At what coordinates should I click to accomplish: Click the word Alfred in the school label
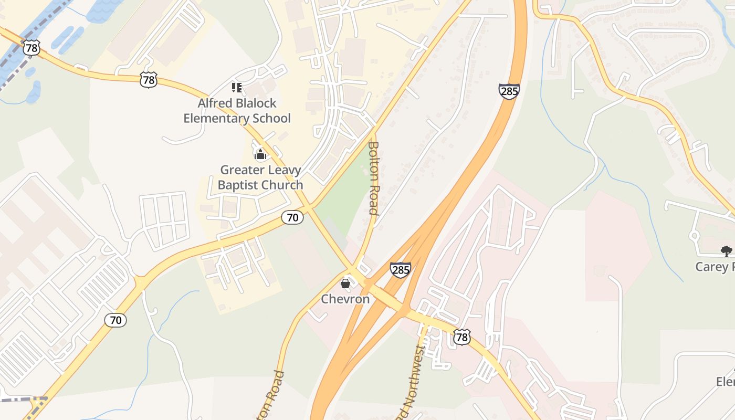point(214,103)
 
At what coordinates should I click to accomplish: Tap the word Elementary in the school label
point(216,118)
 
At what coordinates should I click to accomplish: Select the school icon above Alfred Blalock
point(236,87)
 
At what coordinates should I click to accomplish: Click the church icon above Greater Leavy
point(260,154)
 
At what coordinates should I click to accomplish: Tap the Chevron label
point(345,299)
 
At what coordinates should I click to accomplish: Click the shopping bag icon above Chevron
point(345,283)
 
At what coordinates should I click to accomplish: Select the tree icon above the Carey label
point(726,251)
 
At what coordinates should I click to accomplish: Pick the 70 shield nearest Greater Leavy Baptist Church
point(292,217)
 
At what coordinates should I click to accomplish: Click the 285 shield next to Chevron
point(400,270)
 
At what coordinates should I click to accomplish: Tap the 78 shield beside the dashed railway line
point(31,48)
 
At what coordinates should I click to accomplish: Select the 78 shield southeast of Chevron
point(461,337)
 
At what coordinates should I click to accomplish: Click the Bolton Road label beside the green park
point(373,178)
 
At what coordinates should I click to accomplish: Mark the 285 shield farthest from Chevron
point(509,91)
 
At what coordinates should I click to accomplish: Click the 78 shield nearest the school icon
point(149,80)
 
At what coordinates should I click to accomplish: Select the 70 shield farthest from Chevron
point(115,320)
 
